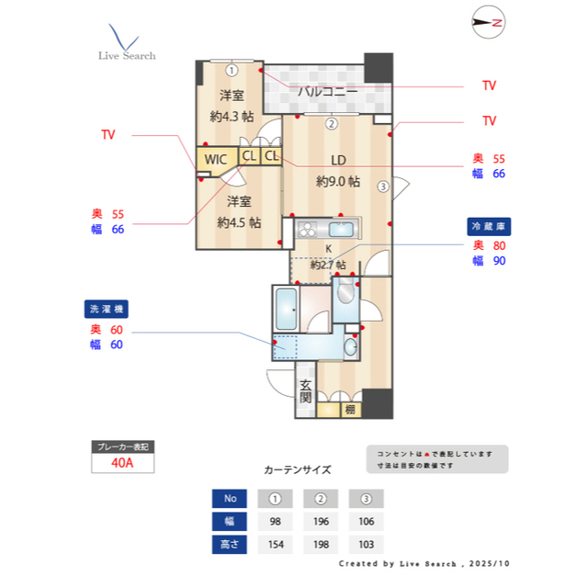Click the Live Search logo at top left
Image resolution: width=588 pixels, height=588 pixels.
(127, 43)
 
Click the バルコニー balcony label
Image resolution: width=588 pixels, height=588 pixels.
(327, 91)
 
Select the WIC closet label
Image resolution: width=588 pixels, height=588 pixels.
(215, 159)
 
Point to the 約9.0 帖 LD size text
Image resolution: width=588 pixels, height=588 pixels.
(337, 181)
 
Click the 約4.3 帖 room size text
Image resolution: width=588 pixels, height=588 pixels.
(232, 116)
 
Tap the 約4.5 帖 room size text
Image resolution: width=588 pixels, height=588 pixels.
(239, 222)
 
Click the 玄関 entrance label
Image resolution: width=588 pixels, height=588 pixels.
(306, 392)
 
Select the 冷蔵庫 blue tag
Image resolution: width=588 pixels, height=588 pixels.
(489, 225)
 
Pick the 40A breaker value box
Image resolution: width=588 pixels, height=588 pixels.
(122, 462)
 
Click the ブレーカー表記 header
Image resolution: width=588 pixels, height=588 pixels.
(122, 447)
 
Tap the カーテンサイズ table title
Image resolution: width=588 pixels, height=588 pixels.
(297, 469)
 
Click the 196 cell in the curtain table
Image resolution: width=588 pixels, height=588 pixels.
(321, 522)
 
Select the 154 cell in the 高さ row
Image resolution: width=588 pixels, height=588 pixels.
(274, 544)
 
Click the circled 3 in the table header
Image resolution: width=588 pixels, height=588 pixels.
(367, 499)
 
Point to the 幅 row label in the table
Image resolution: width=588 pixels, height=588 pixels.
(230, 522)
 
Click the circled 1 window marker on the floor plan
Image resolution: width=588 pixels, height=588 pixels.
(232, 69)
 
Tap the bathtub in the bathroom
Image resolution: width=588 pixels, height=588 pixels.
(286, 311)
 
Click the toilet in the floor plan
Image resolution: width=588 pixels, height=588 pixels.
(345, 294)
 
